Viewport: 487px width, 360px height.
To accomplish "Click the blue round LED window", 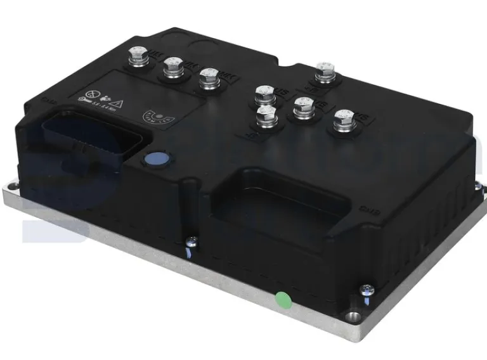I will pos(153,160).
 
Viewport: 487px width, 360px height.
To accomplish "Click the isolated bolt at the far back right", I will pos(324,71).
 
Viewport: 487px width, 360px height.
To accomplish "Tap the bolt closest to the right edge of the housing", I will pos(343,119).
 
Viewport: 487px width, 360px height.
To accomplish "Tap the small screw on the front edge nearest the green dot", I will pos(190,241).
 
